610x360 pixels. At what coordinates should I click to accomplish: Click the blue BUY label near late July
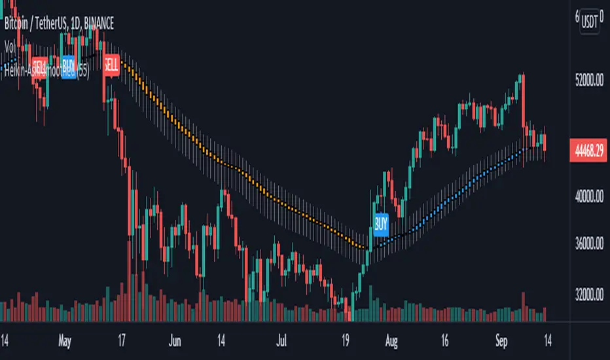tap(381, 224)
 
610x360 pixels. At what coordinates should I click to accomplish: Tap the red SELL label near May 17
tap(112, 65)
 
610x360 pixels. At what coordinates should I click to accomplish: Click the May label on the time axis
tap(63, 341)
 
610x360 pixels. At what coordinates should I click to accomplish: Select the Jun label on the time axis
tap(173, 341)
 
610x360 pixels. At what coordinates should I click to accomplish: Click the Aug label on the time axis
tap(391, 341)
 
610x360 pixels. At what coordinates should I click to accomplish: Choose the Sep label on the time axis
tap(502, 341)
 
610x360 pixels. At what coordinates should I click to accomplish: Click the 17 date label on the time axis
tap(122, 341)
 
